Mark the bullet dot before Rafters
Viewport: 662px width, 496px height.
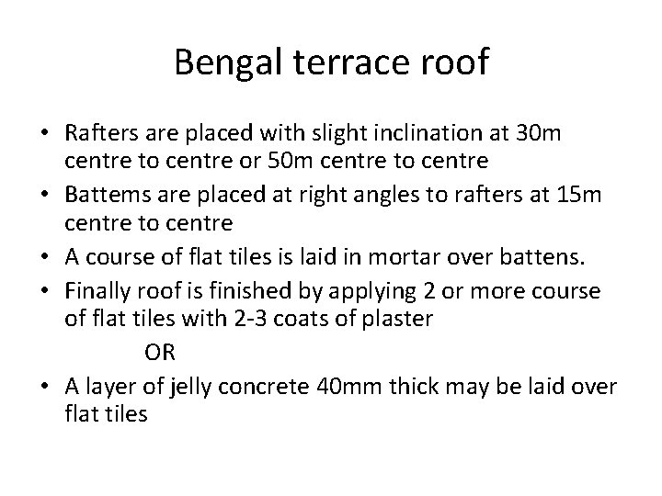click(44, 135)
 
